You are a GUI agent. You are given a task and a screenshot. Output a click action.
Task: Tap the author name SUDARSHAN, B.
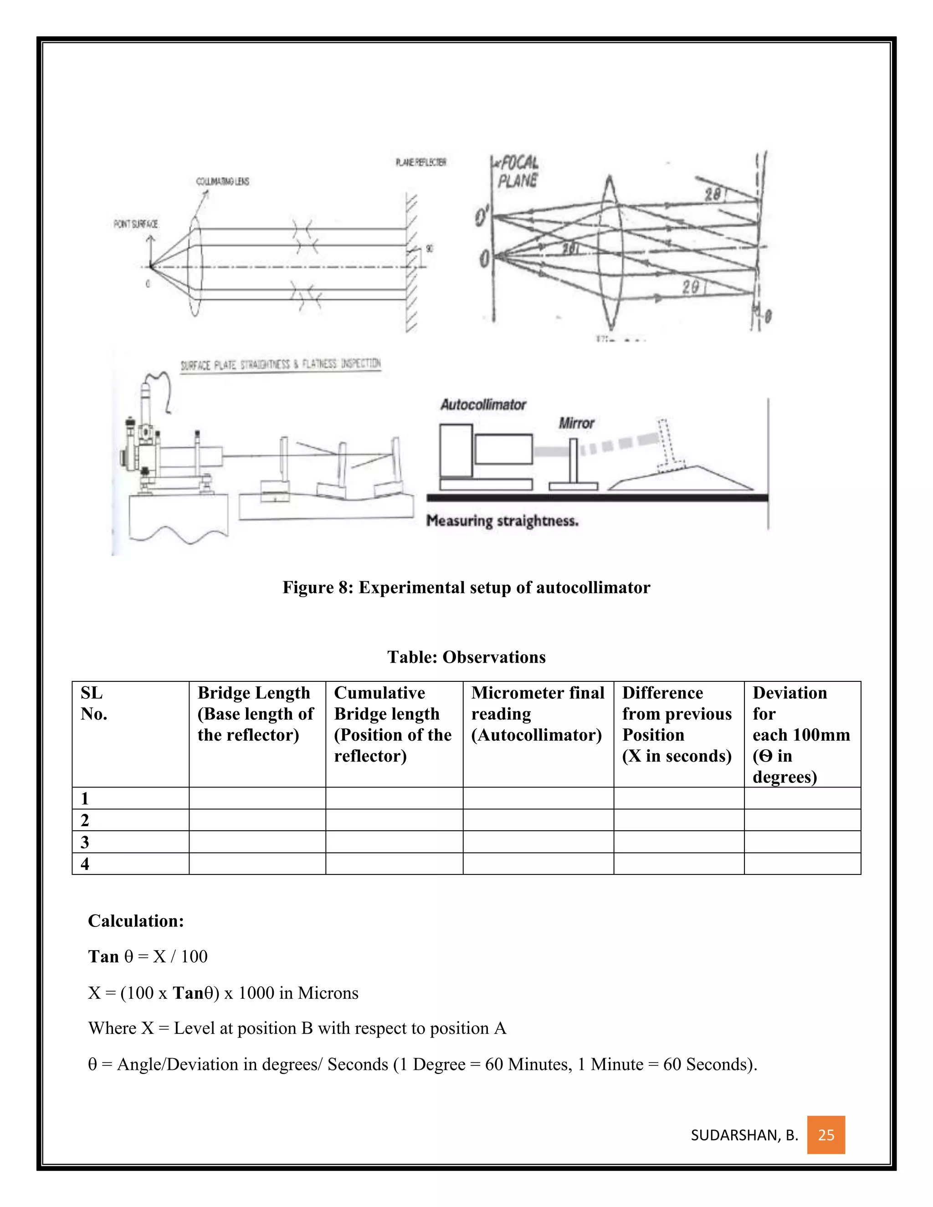744,1135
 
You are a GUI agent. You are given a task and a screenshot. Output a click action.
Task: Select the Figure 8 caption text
466,587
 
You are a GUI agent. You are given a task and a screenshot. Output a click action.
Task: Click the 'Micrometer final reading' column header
537,713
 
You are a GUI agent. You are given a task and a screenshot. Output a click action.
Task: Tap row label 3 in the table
85,842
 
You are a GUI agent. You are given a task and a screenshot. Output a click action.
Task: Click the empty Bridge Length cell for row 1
257,798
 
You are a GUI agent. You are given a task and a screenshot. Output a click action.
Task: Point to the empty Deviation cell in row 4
802,864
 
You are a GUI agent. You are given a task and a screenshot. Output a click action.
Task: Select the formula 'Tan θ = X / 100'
148,956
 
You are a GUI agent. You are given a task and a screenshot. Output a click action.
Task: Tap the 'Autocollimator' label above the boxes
483,404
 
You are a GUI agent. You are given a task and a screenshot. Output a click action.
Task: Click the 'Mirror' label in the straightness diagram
576,423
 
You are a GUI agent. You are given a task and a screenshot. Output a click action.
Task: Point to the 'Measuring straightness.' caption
502,521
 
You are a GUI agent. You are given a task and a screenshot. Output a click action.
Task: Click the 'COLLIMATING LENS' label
223,181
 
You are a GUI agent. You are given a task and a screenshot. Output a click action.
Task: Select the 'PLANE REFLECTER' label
420,162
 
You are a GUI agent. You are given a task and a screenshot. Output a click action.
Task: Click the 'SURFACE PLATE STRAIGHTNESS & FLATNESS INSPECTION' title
280,364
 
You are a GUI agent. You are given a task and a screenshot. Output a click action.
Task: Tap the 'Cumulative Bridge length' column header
393,724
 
